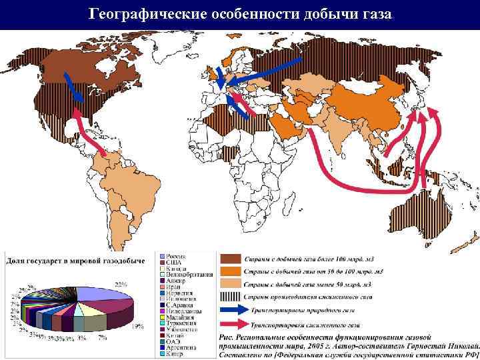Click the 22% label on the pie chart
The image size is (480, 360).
pyautogui.click(x=121, y=284)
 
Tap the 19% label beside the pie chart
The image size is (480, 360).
pyautogui.click(x=138, y=326)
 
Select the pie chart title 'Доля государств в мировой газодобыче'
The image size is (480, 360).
pyautogui.click(x=75, y=260)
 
